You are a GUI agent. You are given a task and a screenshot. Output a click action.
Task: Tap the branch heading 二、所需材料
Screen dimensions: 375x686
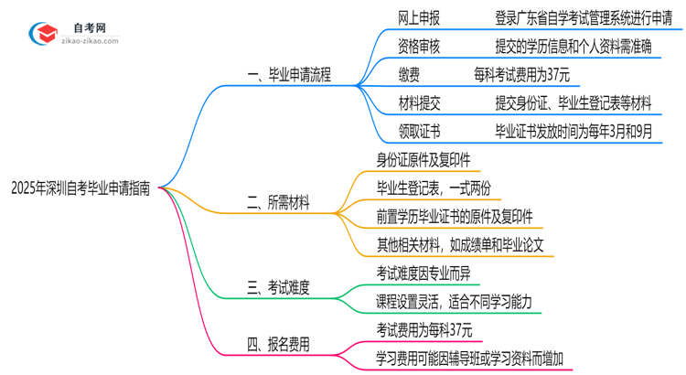[279, 203]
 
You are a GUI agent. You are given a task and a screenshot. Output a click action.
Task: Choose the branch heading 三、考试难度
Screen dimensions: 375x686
[279, 288]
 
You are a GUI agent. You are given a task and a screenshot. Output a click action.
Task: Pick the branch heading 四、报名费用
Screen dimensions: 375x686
[279, 345]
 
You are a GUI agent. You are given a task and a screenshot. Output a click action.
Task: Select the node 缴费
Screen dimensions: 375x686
[409, 72]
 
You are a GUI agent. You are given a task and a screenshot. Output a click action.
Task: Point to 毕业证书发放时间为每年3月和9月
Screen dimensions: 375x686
[573, 130]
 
